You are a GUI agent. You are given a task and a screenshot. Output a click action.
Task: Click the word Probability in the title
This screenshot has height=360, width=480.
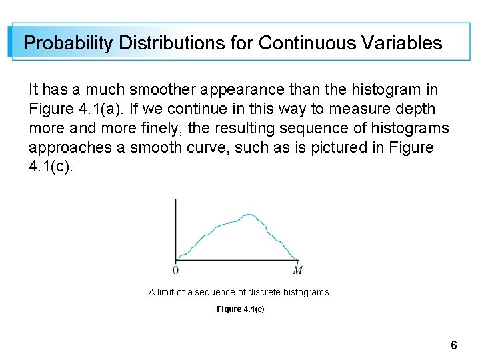pyautogui.click(x=68, y=43)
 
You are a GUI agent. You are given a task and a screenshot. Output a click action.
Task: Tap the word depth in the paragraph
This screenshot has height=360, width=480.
pyautogui.click(x=413, y=109)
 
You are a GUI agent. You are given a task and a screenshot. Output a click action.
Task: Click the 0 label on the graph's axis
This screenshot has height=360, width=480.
pyautogui.click(x=175, y=270)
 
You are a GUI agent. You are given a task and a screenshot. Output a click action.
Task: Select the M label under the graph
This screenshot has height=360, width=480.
pyautogui.click(x=298, y=270)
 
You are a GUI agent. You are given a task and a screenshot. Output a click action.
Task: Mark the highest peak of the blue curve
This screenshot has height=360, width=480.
pyautogui.click(x=249, y=215)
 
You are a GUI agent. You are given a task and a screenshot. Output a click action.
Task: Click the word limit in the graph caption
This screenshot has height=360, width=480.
pyautogui.click(x=166, y=292)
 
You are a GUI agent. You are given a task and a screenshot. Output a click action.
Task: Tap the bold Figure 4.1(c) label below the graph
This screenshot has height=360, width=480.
pyautogui.click(x=240, y=309)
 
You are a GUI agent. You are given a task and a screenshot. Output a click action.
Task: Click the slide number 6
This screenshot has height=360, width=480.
pyautogui.click(x=453, y=345)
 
